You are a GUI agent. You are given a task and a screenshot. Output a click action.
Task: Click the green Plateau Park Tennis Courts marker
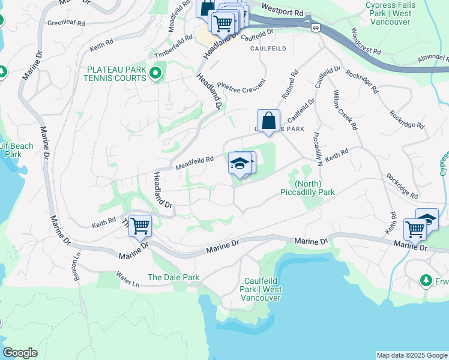[x=156, y=74]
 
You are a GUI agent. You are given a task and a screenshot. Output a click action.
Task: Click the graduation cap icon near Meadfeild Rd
[x=240, y=163]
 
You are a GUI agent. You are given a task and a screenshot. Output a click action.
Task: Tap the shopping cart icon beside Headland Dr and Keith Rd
[x=140, y=227]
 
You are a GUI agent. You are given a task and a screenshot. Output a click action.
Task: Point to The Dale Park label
[x=173, y=277]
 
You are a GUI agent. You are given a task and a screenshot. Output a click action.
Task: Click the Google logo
[x=20, y=353]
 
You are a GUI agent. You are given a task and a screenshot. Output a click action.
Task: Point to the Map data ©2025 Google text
[x=411, y=355]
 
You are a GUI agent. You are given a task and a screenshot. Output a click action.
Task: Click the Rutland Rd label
[x=289, y=85]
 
